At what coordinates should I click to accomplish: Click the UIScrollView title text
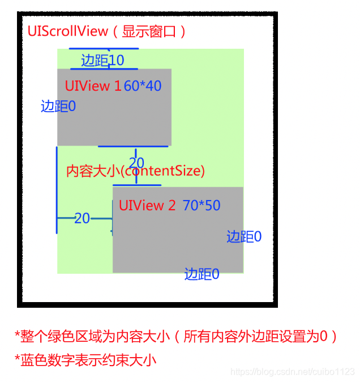point(106,31)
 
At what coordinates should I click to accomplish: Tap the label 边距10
point(102,60)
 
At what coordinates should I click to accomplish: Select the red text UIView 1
point(93,86)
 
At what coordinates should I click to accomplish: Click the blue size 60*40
point(143,86)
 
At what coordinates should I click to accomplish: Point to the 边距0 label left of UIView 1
point(58,106)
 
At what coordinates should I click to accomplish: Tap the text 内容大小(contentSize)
point(135,171)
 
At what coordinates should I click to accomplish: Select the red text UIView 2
point(147,205)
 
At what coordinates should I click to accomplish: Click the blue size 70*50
point(202,205)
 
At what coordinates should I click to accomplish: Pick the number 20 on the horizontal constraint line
point(82,218)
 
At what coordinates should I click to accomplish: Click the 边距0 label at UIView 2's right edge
point(244,237)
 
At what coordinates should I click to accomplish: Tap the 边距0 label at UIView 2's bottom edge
point(202,274)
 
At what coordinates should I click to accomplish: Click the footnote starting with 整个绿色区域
point(175,337)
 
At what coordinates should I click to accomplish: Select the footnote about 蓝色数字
point(85,359)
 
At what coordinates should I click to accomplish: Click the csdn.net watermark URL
point(293,372)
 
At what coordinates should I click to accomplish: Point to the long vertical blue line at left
point(57,190)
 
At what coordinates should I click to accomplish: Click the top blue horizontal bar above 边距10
point(104,49)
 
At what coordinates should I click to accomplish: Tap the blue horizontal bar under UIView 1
point(133,146)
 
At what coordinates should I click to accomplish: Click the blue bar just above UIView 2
point(136,185)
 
